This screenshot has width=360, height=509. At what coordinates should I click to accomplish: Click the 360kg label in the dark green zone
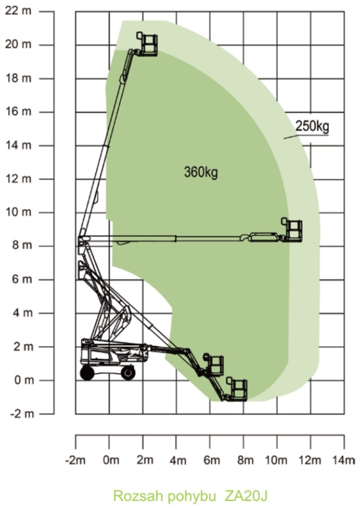pyautogui.click(x=201, y=172)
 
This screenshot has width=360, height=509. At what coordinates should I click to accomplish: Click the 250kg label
pyautogui.click(x=312, y=126)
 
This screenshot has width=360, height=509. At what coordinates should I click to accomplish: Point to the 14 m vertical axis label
pyautogui.click(x=19, y=145)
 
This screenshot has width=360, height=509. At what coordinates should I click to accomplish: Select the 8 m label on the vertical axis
pyautogui.click(x=22, y=246)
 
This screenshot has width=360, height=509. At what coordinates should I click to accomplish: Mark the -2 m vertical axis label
pyautogui.click(x=22, y=414)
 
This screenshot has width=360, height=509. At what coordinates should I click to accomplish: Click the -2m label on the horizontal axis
pyautogui.click(x=76, y=460)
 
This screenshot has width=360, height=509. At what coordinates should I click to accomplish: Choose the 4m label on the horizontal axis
pyautogui.click(x=178, y=460)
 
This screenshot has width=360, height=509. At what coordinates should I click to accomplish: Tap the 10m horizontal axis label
pyautogui.click(x=276, y=460)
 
